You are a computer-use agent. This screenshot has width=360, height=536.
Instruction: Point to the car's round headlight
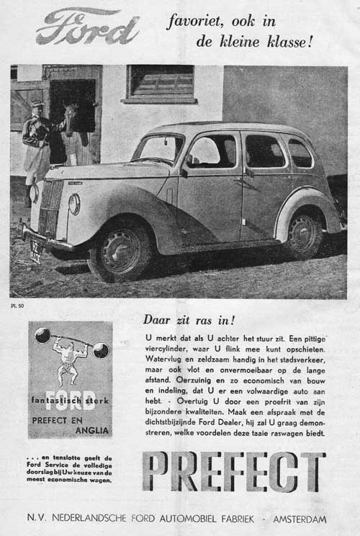click(x=74, y=204)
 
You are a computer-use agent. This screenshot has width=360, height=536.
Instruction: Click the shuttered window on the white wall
click(x=160, y=83)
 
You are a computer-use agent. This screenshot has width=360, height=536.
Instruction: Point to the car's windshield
click(x=158, y=149)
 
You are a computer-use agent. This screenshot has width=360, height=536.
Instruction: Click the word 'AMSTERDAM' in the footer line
click(x=297, y=519)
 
